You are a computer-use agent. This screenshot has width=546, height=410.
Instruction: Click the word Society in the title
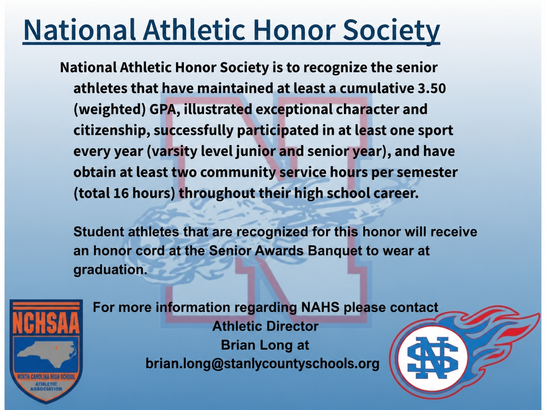[391, 30]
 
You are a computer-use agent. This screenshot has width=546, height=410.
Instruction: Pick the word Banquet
[335, 250]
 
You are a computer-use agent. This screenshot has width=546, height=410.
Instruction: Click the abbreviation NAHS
[320, 307]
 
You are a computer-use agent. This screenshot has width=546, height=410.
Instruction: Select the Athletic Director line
[265, 326]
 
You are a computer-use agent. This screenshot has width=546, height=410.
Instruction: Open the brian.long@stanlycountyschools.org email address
[262, 364]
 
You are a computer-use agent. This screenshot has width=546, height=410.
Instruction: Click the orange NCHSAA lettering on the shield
[46, 324]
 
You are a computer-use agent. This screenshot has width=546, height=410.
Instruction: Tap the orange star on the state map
[56, 347]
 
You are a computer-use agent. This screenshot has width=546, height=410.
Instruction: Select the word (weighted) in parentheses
[110, 110]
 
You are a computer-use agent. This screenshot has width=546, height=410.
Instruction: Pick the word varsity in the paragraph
[172, 151]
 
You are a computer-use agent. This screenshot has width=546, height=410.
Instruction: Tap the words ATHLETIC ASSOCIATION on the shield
[46, 386]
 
